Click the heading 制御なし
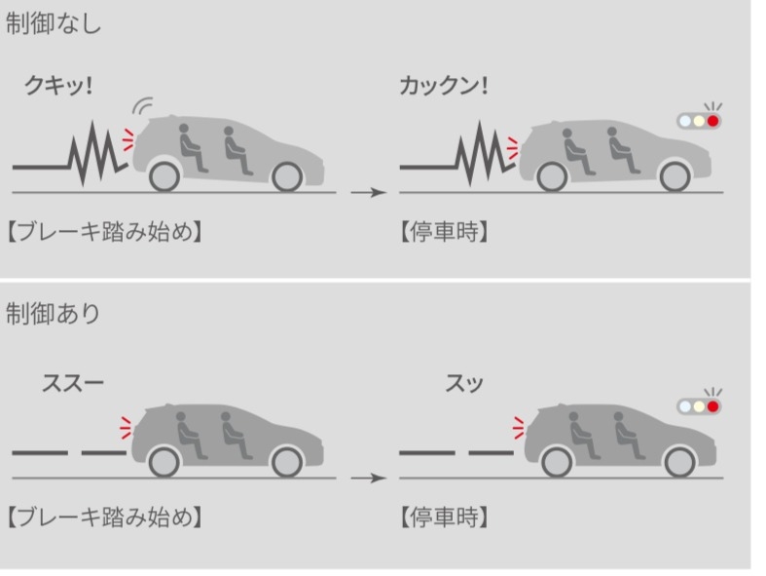[53, 23]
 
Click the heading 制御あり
[53, 313]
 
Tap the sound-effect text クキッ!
[58, 86]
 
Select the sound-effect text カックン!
[443, 86]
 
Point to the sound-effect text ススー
[73, 383]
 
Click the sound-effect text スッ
[464, 383]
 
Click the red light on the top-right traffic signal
[713, 121]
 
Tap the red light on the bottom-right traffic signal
[713, 406]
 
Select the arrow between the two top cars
[369, 192]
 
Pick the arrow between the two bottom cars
[369, 478]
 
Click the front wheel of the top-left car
[287, 176]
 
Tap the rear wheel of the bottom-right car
[557, 462]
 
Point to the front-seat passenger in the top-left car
[236, 150]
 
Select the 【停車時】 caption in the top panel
[444, 232]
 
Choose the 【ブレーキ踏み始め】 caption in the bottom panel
[104, 518]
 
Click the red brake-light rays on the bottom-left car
[126, 428]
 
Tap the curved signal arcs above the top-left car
[143, 105]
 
